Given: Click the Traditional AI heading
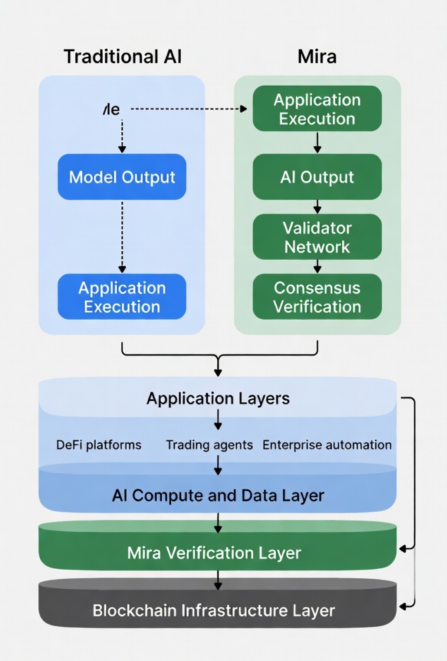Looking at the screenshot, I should click(123, 57).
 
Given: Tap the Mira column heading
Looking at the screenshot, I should click(317, 57).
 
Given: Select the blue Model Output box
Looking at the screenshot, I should click(122, 177).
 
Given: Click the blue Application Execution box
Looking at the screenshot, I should click(122, 297).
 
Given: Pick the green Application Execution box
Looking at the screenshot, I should click(317, 109).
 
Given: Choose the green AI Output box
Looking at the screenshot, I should click(317, 177).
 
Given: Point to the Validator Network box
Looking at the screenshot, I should click(317, 237).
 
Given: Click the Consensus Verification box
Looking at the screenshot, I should click(317, 297).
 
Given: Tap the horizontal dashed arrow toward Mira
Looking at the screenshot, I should click(188, 109).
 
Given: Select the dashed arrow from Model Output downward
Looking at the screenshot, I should click(122, 236).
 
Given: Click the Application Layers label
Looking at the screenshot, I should click(218, 399).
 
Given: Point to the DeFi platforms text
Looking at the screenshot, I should click(99, 445).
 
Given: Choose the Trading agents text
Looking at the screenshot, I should click(209, 445).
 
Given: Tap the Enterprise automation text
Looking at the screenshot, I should click(327, 445).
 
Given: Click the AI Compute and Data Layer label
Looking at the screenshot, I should click(218, 495).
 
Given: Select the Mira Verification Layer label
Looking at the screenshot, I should click(214, 553).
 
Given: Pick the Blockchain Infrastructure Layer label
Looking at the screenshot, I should click(214, 611).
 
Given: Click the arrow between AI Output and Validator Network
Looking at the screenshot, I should click(317, 206).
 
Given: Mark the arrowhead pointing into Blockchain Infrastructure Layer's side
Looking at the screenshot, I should click(402, 607).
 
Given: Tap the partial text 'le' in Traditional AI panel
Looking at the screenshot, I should click(111, 110).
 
